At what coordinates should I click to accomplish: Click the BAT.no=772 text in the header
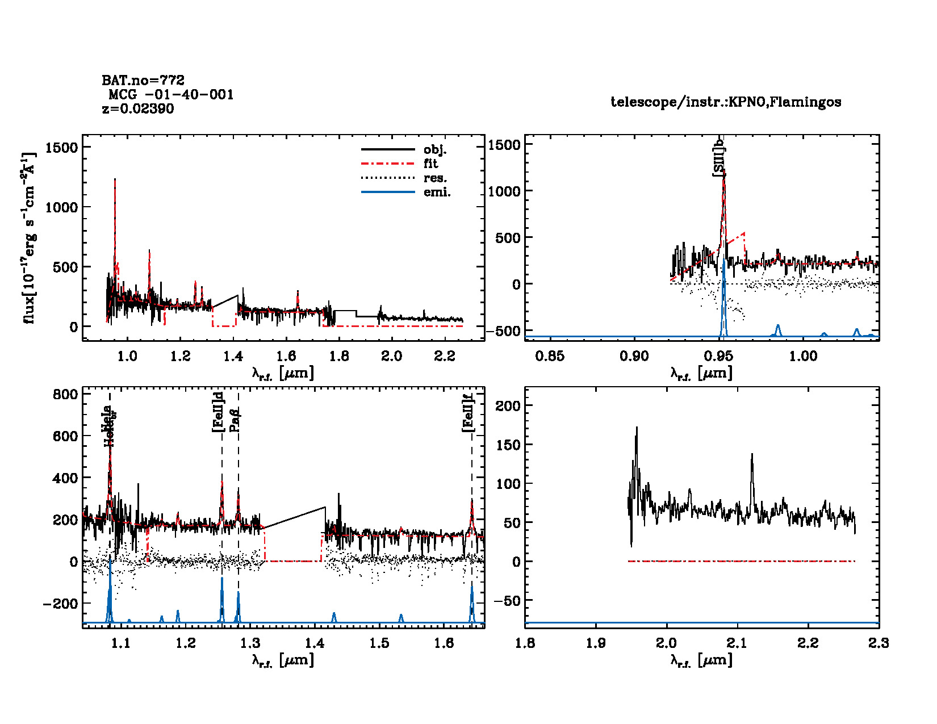point(143,80)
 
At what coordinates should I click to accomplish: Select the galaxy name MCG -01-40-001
point(171,94)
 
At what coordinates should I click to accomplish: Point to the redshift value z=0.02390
point(138,108)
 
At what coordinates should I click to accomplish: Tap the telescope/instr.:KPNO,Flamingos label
point(726,102)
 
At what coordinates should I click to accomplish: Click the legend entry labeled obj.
point(435,150)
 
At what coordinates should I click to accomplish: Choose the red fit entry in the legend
point(430,164)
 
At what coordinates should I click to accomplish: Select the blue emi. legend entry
point(437,192)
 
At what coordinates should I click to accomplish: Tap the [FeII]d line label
point(218,412)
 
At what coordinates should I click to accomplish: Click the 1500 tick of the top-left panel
point(61,148)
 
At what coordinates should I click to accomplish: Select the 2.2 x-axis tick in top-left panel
point(445,356)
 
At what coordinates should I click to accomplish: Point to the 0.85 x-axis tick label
point(550,356)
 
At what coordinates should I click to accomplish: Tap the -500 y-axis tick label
point(504,331)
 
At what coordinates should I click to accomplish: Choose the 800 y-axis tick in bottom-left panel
point(65,395)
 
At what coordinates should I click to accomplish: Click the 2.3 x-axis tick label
point(879,643)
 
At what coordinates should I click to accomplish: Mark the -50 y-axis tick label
point(508,601)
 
